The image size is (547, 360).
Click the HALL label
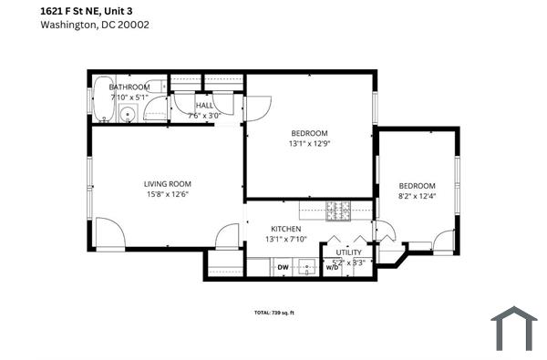coord(204,106)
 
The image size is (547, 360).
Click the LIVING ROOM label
coord(167,182)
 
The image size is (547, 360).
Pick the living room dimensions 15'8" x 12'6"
coord(167,193)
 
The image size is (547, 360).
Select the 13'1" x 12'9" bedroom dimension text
coord(308,143)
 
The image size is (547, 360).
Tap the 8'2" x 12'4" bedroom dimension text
coord(417,195)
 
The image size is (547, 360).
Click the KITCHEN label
coord(285,228)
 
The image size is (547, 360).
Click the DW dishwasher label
coord(283,267)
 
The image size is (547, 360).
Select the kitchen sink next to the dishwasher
coord(311,268)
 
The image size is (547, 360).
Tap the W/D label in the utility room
coord(332,268)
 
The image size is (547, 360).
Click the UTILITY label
coord(349,252)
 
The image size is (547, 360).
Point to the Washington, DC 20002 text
coord(95,25)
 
